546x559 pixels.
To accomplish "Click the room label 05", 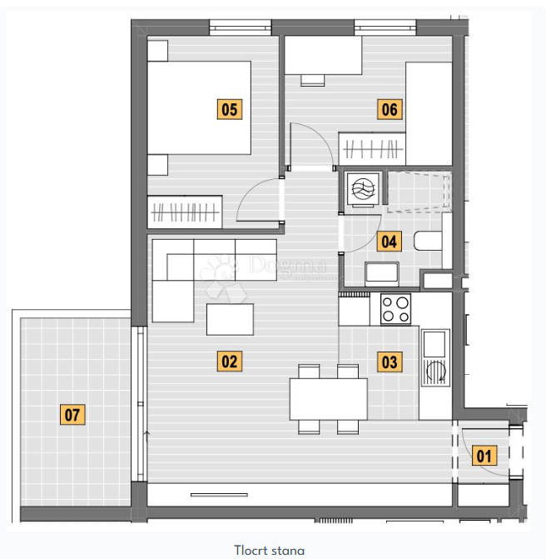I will click(x=230, y=109).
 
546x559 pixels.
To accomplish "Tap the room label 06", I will click(x=389, y=109).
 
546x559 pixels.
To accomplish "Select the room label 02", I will click(x=229, y=362).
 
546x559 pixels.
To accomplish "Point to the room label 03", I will click(x=389, y=362).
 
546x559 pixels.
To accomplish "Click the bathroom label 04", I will click(x=389, y=242).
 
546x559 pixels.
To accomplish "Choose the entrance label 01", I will click(x=484, y=456).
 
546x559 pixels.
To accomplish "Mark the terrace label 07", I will click(x=72, y=414).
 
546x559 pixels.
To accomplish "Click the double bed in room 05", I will click(x=200, y=107).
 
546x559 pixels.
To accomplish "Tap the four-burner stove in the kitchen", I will click(x=395, y=309).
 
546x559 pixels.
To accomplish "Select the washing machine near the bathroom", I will click(x=363, y=191).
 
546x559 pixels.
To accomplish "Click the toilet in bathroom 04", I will click(x=429, y=241).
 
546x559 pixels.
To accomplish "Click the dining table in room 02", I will click(x=328, y=399).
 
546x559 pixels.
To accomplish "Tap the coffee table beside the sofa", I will click(x=231, y=319).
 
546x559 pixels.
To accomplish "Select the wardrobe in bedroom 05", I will click(x=185, y=212).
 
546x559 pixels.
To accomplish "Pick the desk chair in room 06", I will click(x=312, y=80).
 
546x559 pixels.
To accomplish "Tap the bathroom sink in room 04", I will click(x=383, y=272).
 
